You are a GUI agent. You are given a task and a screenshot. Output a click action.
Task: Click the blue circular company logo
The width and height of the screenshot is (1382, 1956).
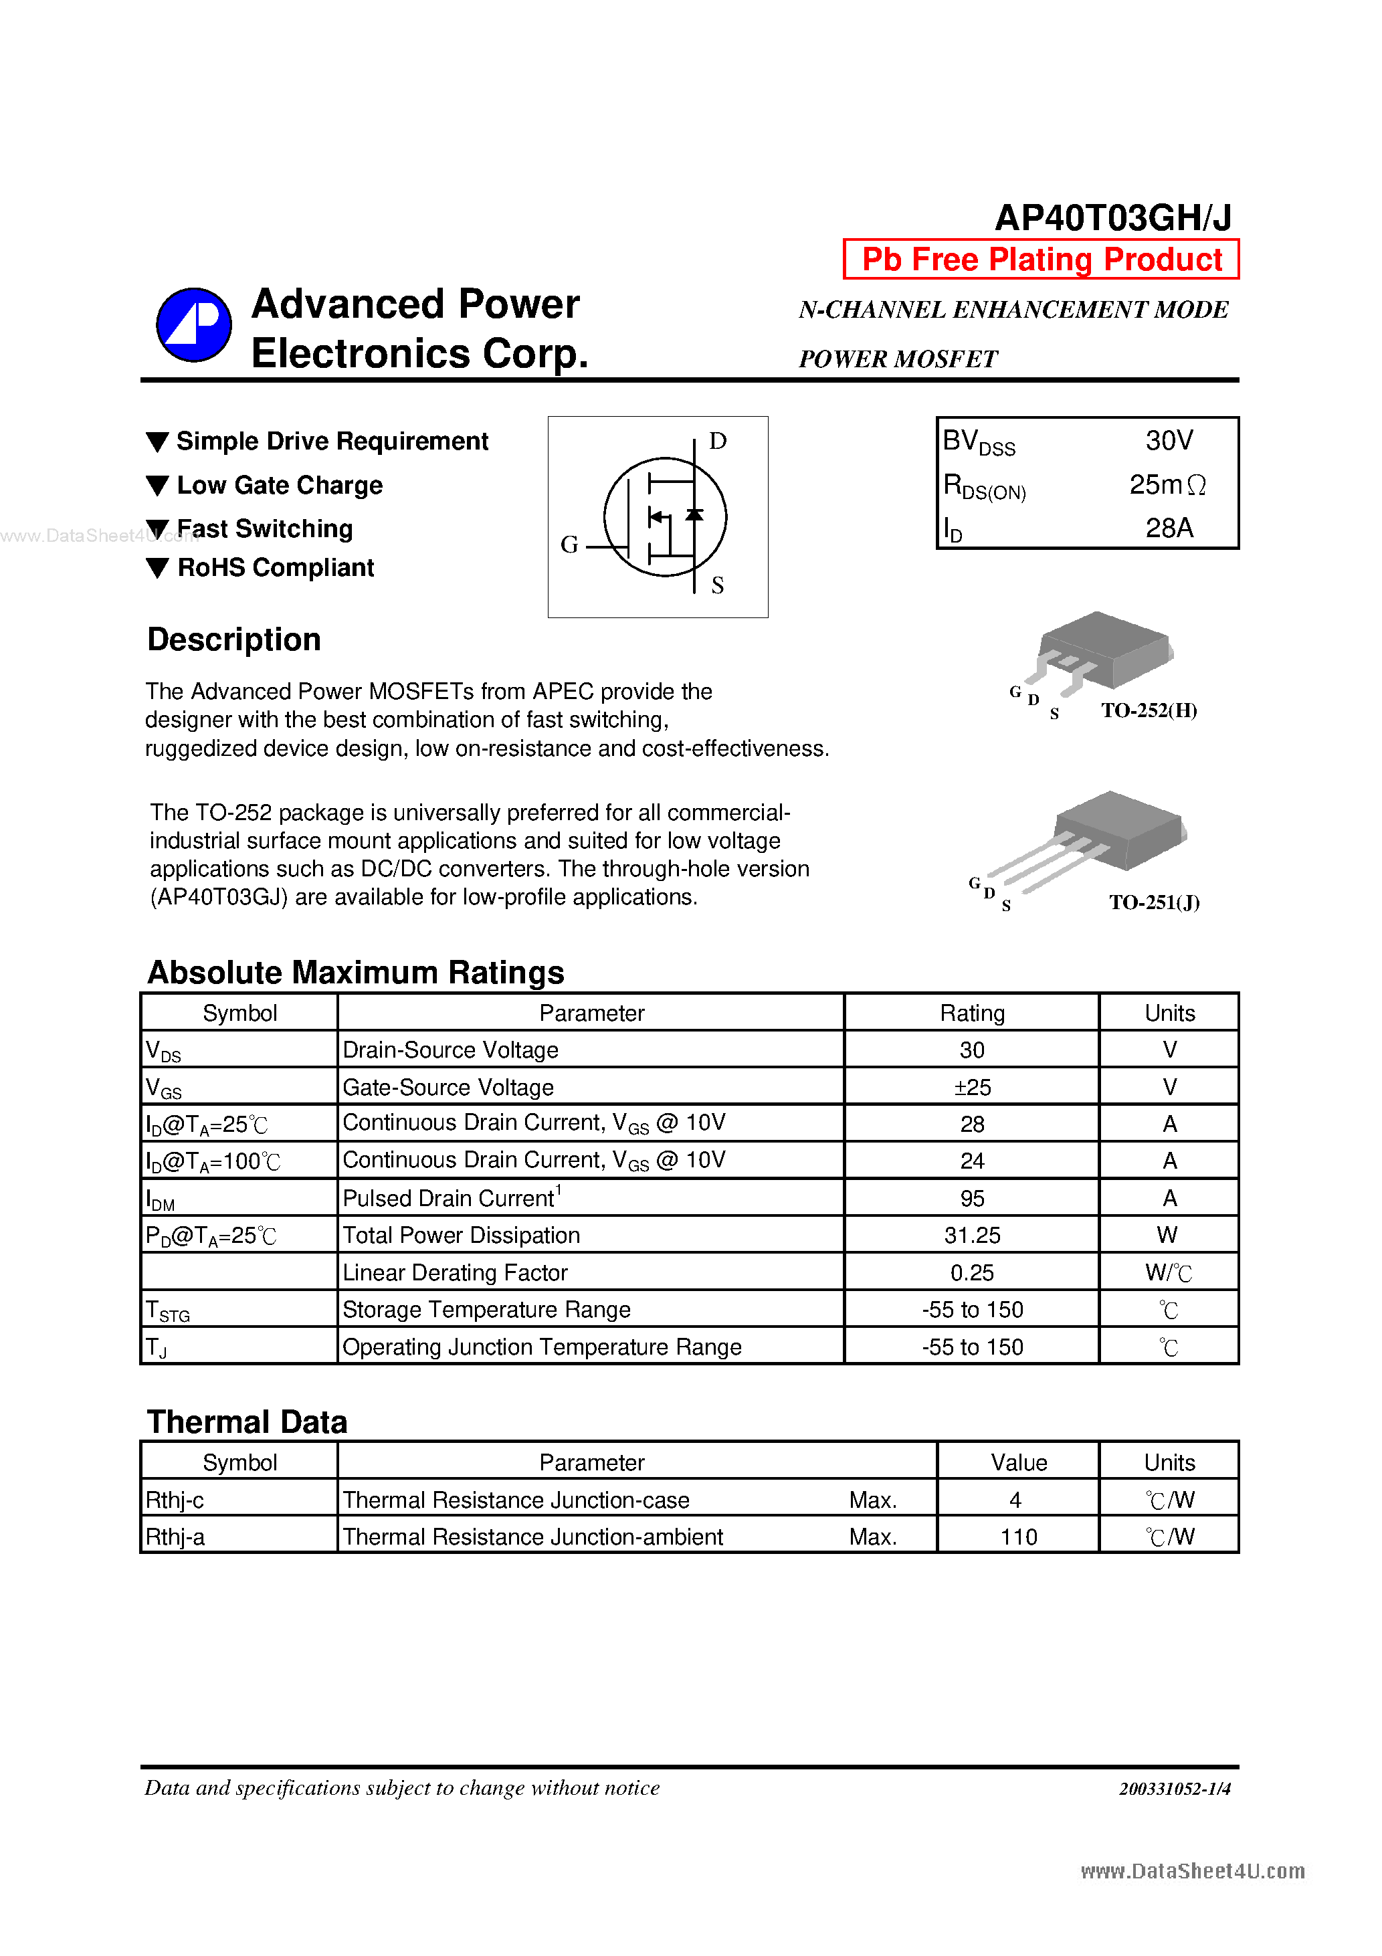[x=193, y=324]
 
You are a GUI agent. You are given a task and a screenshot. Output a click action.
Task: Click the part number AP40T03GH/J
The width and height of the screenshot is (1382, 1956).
[x=1112, y=218]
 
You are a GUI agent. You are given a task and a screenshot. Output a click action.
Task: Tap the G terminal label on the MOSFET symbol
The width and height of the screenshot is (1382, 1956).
[x=569, y=545]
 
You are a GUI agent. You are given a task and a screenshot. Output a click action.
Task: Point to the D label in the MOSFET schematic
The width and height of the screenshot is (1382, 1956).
[x=717, y=442]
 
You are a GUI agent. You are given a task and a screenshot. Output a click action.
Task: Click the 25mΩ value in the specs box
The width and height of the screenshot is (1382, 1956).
[x=1167, y=485]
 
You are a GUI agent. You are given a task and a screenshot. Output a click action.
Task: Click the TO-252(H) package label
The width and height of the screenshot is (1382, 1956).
[x=1149, y=710]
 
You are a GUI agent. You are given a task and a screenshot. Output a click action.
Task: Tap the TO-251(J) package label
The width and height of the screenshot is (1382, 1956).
[x=1154, y=902]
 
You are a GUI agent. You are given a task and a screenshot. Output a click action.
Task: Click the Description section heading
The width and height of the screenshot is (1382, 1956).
[x=233, y=640]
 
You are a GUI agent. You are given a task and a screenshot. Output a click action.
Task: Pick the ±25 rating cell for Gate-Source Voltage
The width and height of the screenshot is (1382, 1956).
[x=971, y=1087]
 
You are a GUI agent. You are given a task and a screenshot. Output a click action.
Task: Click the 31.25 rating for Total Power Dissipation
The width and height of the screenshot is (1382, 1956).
[x=971, y=1236]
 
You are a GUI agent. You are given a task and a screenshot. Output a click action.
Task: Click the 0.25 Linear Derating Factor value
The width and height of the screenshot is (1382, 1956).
[x=971, y=1273]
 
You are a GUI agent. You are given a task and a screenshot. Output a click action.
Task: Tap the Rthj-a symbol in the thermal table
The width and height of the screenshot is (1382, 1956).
[x=175, y=1537]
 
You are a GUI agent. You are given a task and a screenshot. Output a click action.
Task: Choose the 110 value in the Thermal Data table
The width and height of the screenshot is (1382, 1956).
[x=1018, y=1537]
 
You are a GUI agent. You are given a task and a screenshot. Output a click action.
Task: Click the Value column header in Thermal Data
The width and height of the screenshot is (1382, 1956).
[x=1018, y=1463]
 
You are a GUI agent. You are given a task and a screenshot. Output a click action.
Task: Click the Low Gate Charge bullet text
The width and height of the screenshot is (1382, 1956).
[x=280, y=486]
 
